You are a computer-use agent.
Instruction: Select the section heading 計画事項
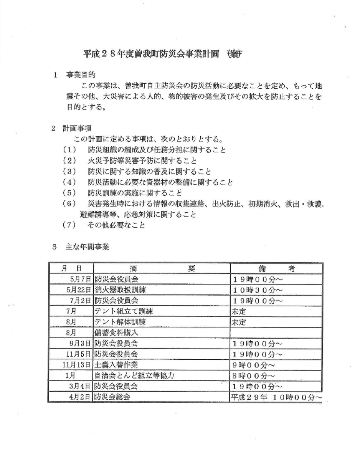[x=76, y=128]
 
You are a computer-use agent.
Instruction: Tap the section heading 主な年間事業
[x=87, y=247]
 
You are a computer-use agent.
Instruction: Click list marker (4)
[x=69, y=182]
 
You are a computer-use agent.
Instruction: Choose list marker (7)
[x=69, y=225]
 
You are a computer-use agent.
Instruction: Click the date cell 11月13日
[x=77, y=365]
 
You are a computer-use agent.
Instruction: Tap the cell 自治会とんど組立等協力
[x=134, y=376]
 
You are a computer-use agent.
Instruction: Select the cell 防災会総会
[x=112, y=397]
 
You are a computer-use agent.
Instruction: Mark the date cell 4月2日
[x=79, y=397]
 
